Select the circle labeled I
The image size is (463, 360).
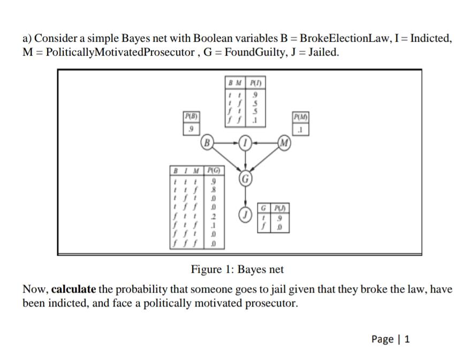pyautogui.click(x=245, y=143)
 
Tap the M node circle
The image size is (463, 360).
pyautogui.click(x=285, y=143)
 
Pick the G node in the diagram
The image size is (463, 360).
pyautogui.click(x=245, y=178)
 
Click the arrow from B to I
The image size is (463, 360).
pyautogui.click(x=226, y=143)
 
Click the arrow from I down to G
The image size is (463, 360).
pyautogui.click(x=245, y=160)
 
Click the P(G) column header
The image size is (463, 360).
pyautogui.click(x=214, y=171)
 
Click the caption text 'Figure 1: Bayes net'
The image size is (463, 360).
pyautogui.click(x=238, y=269)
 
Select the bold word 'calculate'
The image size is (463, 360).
pyautogui.click(x=74, y=289)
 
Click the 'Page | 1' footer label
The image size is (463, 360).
pyautogui.click(x=390, y=339)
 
